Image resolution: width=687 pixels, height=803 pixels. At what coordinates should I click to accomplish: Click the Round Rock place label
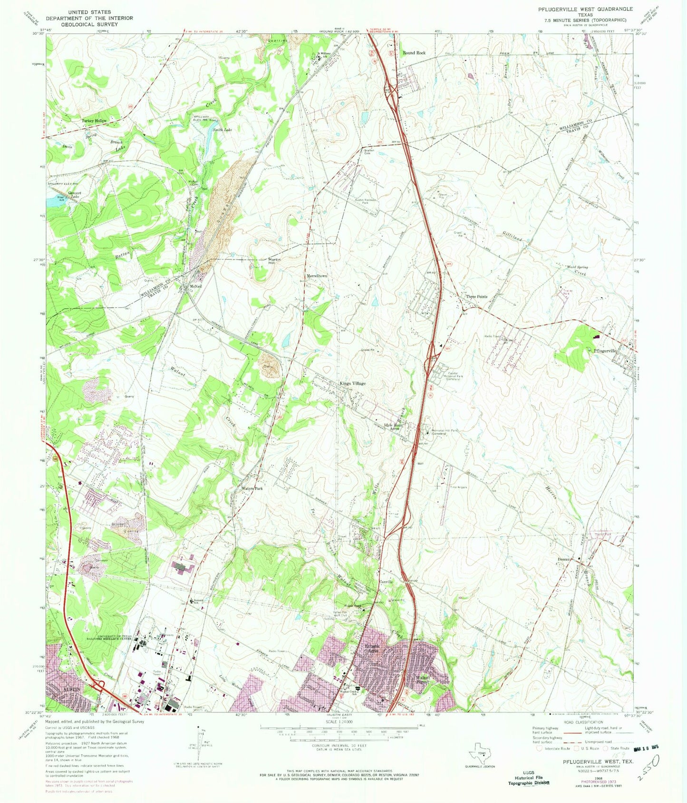(x=414, y=53)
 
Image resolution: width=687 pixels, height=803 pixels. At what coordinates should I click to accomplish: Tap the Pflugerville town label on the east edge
(x=605, y=351)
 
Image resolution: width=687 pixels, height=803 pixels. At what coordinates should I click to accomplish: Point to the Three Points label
(x=476, y=297)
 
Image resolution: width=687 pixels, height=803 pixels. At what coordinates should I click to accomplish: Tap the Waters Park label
(x=252, y=488)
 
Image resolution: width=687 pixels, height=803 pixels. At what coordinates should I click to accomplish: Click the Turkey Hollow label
(x=94, y=121)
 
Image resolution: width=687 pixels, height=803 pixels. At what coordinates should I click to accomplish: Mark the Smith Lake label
(x=222, y=129)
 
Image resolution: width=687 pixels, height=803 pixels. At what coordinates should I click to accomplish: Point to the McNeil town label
(x=196, y=280)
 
